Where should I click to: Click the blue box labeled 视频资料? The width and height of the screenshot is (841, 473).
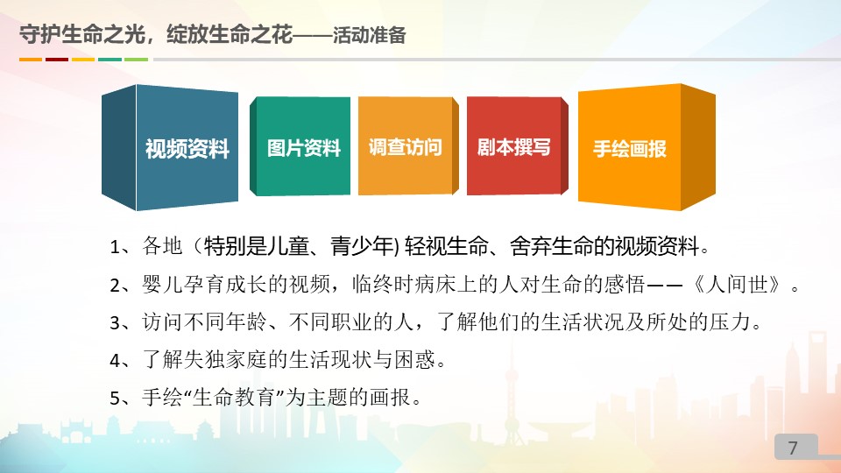coord(170,147)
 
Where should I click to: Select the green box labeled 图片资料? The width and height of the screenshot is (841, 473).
coord(300,146)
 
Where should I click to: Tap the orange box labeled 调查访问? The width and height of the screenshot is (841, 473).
coord(408,146)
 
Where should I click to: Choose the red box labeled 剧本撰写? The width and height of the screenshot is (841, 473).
coord(517,146)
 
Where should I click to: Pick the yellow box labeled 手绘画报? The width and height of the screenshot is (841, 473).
coord(647,147)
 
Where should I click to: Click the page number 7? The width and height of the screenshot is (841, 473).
coord(793,448)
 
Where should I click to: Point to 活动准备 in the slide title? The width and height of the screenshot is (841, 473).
coord(369,35)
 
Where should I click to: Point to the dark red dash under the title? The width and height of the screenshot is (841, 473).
coord(57,60)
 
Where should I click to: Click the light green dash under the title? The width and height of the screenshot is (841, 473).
coord(137,60)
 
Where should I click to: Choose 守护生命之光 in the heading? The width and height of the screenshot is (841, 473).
coord(82,35)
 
